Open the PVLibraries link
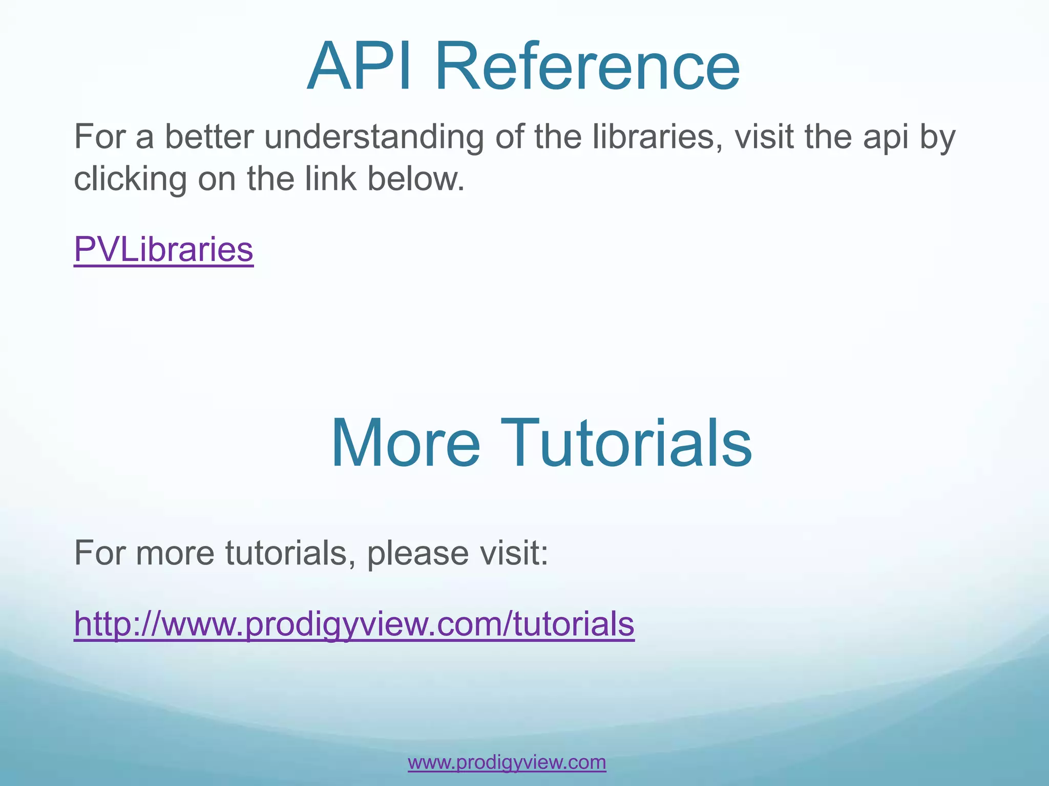(163, 249)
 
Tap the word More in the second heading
(405, 443)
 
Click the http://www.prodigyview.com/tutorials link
(354, 624)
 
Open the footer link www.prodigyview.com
(507, 762)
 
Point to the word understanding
(374, 137)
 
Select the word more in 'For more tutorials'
(175, 554)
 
